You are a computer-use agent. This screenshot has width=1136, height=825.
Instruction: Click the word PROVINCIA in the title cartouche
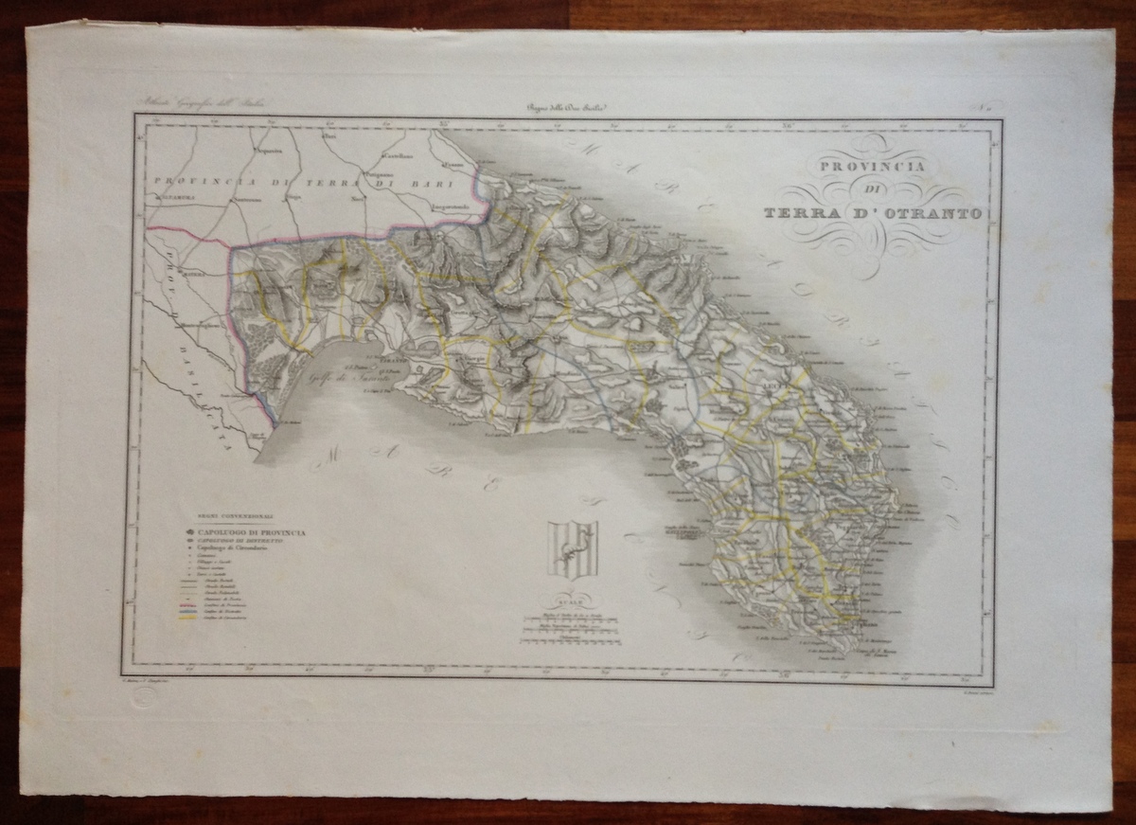[x=869, y=168]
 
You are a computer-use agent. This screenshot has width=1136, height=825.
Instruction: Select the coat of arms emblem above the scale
[x=572, y=549]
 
